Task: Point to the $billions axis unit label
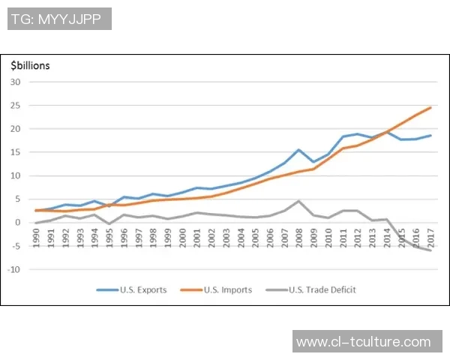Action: (30, 65)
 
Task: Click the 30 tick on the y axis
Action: (14, 82)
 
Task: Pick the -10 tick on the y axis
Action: (13, 269)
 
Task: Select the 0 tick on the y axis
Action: (16, 223)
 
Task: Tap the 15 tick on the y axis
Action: (14, 152)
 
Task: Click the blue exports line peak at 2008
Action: (299, 150)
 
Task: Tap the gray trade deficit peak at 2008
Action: (299, 201)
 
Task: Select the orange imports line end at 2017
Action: (430, 107)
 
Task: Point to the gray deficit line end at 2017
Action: (430, 250)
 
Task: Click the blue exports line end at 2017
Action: (430, 136)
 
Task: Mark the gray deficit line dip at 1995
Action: (109, 224)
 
